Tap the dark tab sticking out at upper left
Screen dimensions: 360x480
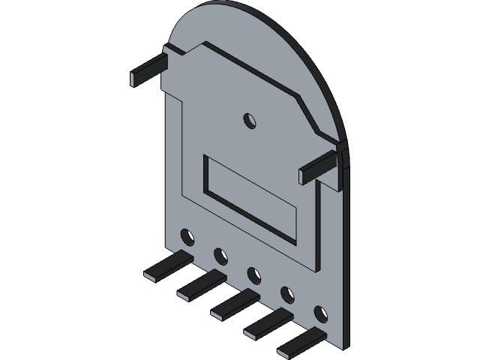[148, 69]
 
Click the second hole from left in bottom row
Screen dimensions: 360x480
[220, 256]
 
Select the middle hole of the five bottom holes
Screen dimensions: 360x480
[253, 275]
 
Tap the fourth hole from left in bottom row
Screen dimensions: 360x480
[287, 293]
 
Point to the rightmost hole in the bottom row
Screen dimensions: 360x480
[321, 312]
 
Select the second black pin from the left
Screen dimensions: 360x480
[201, 284]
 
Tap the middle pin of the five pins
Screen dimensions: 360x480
[235, 303]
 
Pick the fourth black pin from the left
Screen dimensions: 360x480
[268, 322]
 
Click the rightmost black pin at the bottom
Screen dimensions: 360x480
[301, 340]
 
